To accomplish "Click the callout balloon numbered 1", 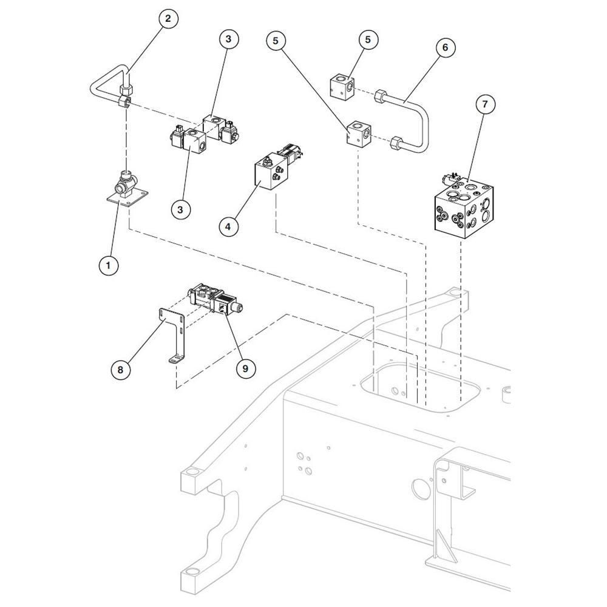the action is click(108, 265).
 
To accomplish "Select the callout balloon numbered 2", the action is click(168, 18).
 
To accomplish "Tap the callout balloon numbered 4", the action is click(228, 226).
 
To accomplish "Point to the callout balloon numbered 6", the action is click(445, 47).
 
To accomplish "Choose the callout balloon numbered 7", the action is click(484, 104).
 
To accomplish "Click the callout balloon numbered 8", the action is click(120, 370).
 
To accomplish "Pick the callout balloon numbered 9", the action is click(245, 369).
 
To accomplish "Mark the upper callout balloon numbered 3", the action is click(228, 39).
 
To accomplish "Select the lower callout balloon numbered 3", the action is click(180, 210).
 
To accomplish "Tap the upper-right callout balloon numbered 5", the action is click(368, 39).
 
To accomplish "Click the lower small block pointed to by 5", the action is click(359, 134).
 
